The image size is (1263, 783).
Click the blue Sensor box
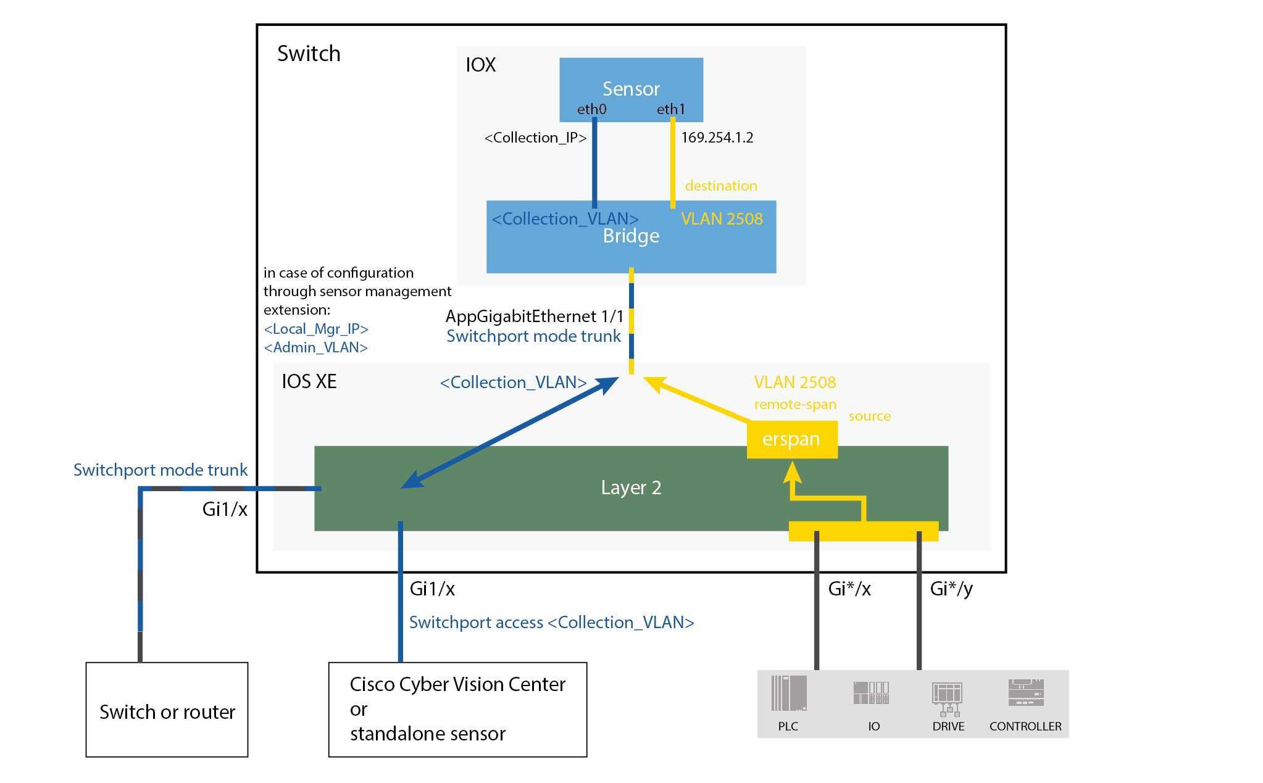coord(631,80)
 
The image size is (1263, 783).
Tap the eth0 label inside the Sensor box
coord(591,109)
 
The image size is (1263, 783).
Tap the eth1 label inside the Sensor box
coord(670,109)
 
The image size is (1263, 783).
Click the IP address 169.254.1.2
coord(717,138)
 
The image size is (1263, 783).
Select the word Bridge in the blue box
coord(631,236)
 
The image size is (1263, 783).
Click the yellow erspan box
coord(791,439)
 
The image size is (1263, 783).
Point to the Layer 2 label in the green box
coord(631,487)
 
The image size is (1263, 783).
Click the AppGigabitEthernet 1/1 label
coord(535,317)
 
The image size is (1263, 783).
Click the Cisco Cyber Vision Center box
coord(457,710)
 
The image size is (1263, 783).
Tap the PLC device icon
coord(788,694)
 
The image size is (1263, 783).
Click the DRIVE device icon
coord(947,697)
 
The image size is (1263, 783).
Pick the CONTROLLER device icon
coord(1025,693)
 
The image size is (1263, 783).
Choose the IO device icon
coord(871,694)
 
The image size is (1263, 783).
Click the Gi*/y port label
coord(951,589)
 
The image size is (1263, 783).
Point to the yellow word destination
coord(721,186)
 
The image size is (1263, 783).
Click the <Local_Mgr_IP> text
coord(316,329)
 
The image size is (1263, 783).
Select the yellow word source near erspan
coord(869,416)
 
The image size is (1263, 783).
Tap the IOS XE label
coord(309,381)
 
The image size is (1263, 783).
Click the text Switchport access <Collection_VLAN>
coord(551,622)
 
